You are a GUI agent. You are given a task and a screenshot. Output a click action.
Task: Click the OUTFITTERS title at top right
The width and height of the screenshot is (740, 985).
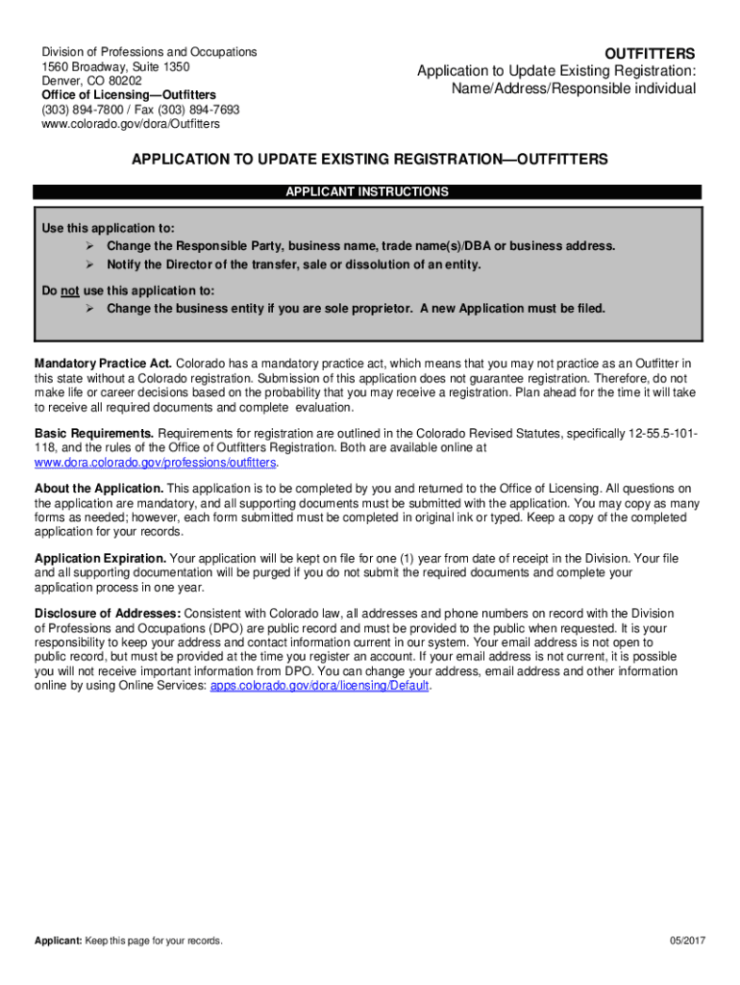point(649,53)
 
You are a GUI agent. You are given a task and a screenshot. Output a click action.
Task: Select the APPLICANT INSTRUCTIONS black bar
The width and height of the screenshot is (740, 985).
point(367,192)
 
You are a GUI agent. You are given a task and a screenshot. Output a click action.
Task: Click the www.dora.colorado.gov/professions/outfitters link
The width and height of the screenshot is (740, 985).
point(156,463)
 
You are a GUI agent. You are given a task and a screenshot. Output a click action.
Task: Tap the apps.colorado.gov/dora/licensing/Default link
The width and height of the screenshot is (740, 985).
point(320,687)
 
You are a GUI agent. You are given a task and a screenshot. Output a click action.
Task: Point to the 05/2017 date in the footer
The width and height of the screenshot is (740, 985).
point(687,941)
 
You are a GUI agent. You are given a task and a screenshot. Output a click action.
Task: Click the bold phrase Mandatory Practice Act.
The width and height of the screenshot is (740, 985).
point(104,363)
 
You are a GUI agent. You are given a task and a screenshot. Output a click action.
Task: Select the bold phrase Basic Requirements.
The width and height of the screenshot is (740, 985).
point(94,433)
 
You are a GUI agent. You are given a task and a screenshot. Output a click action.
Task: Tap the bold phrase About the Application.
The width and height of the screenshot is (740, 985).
point(100,489)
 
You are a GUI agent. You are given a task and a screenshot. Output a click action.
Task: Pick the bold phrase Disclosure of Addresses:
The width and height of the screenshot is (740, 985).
point(108,614)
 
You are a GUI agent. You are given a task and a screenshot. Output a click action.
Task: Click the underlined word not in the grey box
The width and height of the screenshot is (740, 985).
point(69,290)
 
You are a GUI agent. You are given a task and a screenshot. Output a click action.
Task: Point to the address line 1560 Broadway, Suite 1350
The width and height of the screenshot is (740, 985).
point(115,67)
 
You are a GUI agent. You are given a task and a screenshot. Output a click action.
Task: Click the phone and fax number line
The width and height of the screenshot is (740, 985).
point(140,110)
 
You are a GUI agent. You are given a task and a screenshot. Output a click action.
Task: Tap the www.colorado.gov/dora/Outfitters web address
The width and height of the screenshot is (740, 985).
point(131,124)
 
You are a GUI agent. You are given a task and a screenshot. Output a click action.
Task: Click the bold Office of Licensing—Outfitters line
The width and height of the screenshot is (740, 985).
point(129,95)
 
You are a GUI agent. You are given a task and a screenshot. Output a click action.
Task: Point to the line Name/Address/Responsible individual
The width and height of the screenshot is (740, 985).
point(574,89)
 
